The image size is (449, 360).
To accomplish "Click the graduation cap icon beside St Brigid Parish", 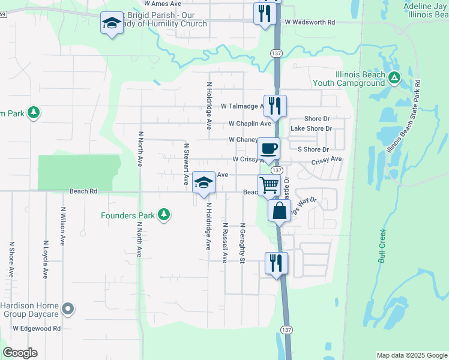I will [111, 23].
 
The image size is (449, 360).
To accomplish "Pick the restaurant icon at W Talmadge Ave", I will [275, 106].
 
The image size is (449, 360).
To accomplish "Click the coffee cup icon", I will [268, 148].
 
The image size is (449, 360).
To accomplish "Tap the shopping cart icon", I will [270, 185].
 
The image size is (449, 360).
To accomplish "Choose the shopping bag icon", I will [279, 211].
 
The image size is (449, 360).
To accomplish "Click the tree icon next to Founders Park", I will [163, 215].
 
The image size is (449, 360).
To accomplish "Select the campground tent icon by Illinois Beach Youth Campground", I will [394, 77].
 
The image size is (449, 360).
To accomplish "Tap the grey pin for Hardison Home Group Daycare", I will [68, 310].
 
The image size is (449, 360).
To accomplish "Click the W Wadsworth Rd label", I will [310, 22].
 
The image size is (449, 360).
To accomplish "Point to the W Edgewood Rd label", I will [37, 329].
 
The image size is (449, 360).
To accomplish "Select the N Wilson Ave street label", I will [62, 227].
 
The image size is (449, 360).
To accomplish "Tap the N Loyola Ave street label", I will [45, 260].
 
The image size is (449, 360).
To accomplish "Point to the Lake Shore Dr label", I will [311, 129].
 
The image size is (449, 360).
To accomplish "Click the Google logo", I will [20, 353].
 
